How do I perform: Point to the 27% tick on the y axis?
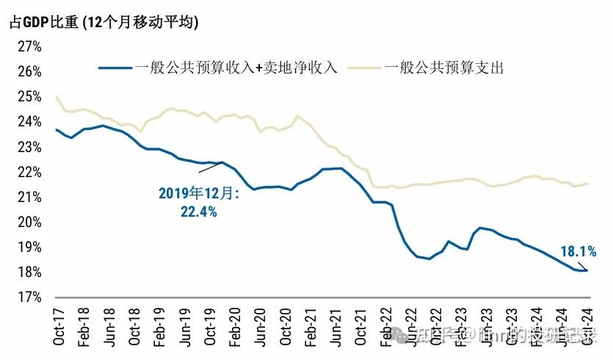(x=28, y=46)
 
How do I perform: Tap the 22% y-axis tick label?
(x=28, y=172)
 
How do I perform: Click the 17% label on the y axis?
(x=28, y=298)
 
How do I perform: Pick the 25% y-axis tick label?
(x=28, y=96)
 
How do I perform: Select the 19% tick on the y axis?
(x=28, y=248)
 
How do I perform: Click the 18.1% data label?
(x=578, y=252)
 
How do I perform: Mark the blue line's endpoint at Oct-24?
(x=587, y=270)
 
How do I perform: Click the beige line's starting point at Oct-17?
(x=57, y=96)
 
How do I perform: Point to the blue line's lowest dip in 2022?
(x=430, y=259)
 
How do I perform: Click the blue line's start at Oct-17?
(x=57, y=129)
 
